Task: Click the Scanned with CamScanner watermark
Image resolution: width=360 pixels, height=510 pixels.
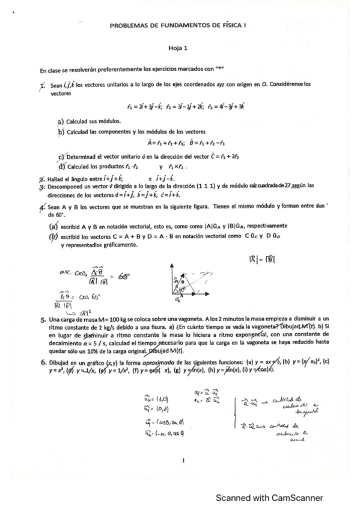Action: [x=269, y=498]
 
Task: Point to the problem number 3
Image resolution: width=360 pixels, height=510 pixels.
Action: [x=43, y=186]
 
